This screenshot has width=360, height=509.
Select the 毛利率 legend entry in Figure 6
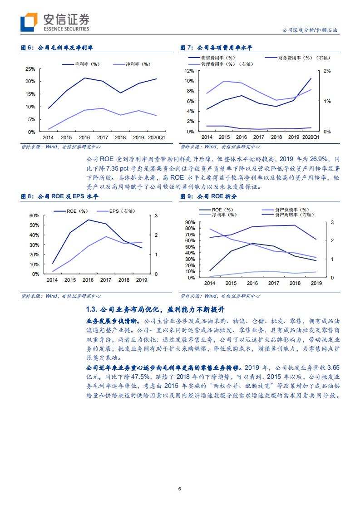click(x=84, y=64)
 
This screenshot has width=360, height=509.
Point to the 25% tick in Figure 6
click(x=30, y=69)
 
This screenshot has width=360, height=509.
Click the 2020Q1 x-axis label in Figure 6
click(x=157, y=137)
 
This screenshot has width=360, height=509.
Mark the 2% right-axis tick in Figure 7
click(x=327, y=71)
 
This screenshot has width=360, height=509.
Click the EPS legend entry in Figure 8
click(x=119, y=211)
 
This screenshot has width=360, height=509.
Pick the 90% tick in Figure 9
click(x=190, y=222)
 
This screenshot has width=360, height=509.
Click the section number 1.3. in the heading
click(x=91, y=309)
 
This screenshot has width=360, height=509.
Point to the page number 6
click(x=180, y=489)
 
